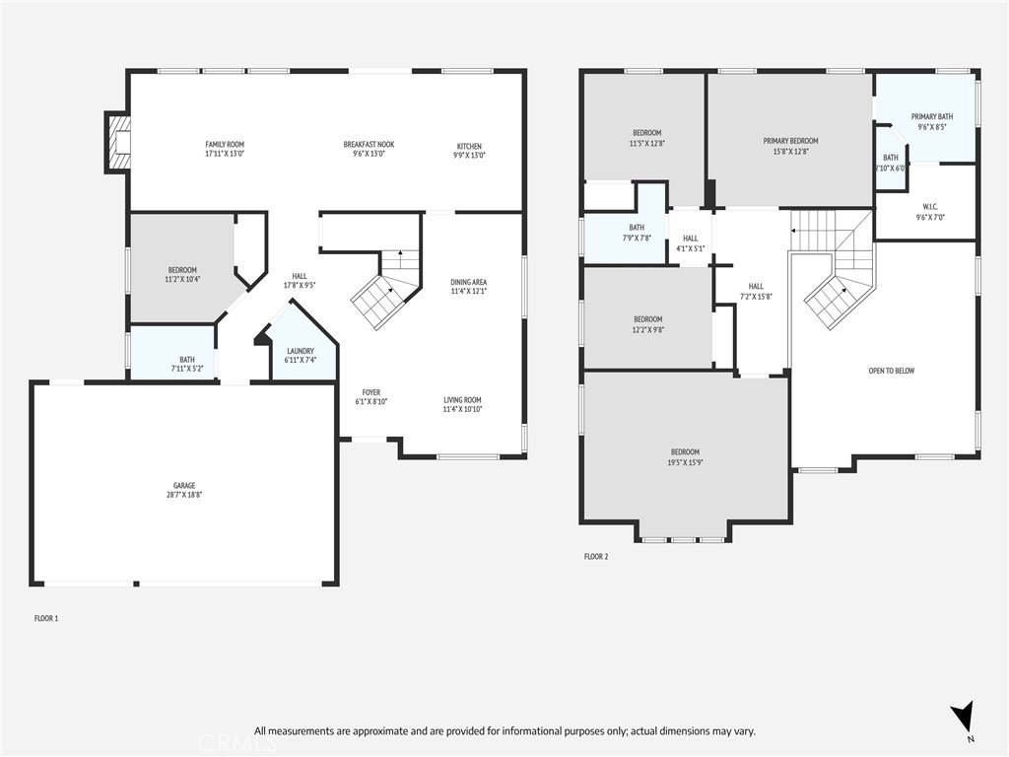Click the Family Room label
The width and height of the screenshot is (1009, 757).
click(224, 145)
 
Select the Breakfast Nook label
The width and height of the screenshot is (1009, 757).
click(370, 145)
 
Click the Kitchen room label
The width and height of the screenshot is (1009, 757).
click(469, 146)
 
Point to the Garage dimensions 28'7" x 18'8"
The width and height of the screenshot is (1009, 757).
click(184, 495)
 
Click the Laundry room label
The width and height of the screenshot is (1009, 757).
click(301, 351)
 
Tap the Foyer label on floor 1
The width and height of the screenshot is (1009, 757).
click(370, 392)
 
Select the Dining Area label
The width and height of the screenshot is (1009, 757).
click(469, 282)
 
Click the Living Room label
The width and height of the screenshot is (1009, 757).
click(462, 399)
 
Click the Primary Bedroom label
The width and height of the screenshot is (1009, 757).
click(790, 141)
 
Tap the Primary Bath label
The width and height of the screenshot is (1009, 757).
click(931, 116)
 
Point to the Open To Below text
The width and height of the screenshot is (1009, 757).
click(891, 371)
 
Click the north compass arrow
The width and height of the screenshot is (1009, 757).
click(965, 717)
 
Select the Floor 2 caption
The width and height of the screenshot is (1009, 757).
click(596, 557)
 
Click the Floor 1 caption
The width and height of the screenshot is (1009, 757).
click(46, 618)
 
